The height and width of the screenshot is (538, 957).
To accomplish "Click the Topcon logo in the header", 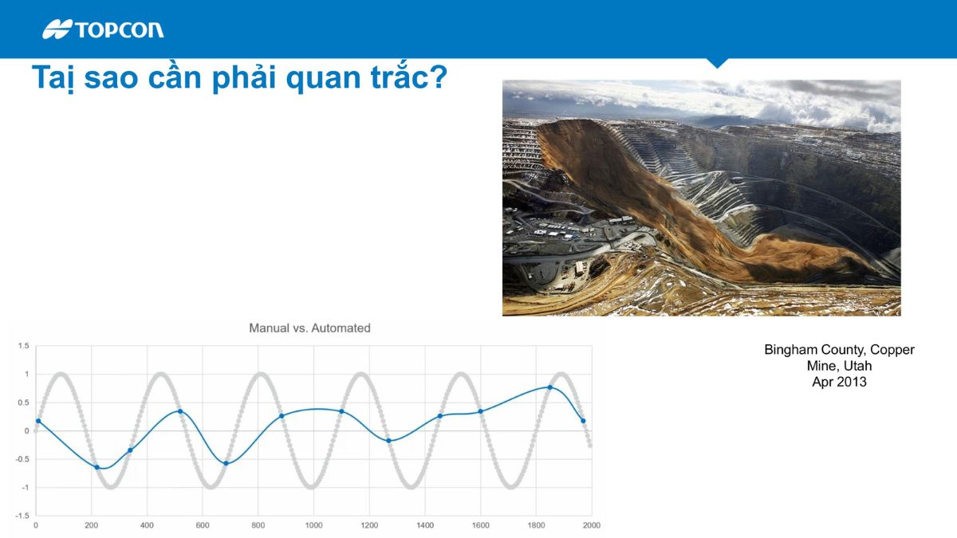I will [x=104, y=29].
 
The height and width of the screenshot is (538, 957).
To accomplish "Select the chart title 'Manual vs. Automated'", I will [x=309, y=328].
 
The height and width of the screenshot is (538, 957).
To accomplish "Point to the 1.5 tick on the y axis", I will [x=23, y=346].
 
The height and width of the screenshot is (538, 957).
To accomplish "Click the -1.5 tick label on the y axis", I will [x=22, y=516].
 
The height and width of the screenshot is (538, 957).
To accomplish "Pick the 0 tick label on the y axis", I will [x=26, y=431].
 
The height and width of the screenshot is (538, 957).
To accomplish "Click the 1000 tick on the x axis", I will [x=313, y=525].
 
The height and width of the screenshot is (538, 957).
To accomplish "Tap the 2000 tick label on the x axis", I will [x=591, y=525].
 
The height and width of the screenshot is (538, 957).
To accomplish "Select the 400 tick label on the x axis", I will [x=147, y=525].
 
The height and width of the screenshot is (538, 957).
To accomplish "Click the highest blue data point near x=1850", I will [x=549, y=387].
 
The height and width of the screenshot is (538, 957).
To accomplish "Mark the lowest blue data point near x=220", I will [x=97, y=467].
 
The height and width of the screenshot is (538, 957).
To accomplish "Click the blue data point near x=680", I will [x=226, y=463].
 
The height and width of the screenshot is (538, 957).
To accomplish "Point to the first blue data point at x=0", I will [x=37, y=421].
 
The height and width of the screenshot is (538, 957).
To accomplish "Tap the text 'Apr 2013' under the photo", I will [x=839, y=382].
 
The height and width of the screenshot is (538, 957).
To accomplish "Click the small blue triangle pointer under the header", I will [x=717, y=63].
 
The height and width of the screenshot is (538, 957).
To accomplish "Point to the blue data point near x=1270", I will [x=388, y=441].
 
